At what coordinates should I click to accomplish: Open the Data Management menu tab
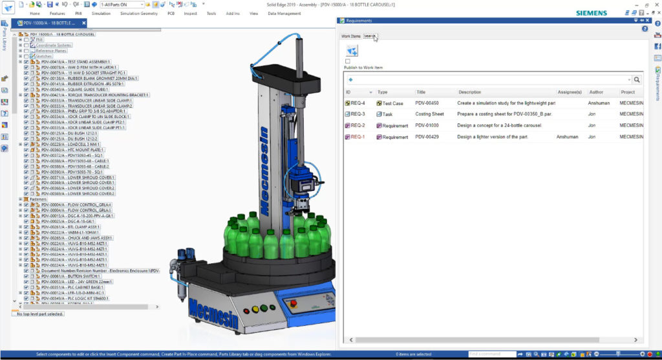tap(284, 13)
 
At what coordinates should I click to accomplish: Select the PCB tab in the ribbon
tap(171, 13)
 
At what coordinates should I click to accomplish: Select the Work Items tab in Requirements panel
tap(351, 36)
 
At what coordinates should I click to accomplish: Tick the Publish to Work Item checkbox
tap(348, 61)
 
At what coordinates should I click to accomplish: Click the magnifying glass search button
tap(636, 79)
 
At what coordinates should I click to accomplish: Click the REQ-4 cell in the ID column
tap(358, 103)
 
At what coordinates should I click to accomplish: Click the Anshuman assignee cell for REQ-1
tap(567, 137)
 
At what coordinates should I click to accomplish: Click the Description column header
tap(470, 92)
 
